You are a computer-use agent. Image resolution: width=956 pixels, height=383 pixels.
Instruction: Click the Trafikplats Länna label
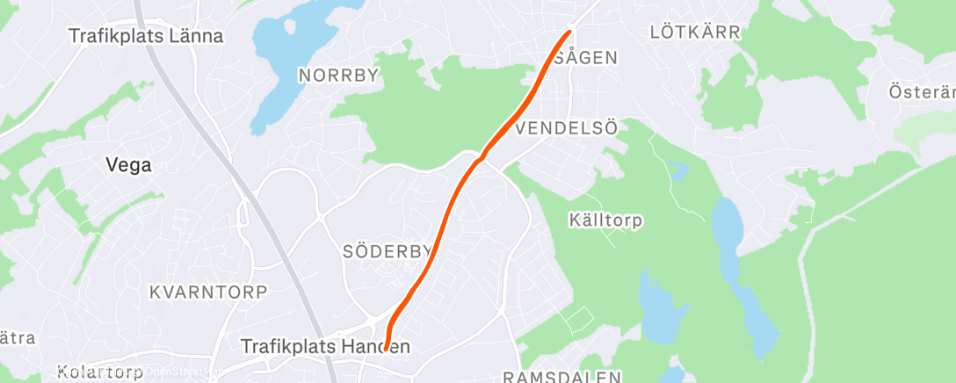(147, 37)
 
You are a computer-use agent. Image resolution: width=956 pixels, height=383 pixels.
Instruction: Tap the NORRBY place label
(338, 76)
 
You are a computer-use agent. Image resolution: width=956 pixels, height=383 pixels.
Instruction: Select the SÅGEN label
(586, 58)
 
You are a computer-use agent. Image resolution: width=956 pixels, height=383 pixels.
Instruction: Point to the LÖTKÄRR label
(695, 33)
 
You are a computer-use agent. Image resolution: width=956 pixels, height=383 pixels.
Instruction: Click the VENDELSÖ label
(568, 128)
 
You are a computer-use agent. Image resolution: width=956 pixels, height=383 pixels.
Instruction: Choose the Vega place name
(128, 164)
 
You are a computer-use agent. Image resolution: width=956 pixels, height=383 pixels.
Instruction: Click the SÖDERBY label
(387, 252)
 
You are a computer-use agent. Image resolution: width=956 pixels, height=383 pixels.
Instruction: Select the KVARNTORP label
(208, 291)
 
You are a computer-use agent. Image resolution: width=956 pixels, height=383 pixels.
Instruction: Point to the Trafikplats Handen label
(326, 347)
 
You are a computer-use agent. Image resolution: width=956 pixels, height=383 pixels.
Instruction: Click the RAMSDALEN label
(562, 376)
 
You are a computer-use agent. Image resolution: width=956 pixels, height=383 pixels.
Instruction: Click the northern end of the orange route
(569, 33)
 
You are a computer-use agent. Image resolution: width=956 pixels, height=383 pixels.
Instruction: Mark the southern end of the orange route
(386, 350)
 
